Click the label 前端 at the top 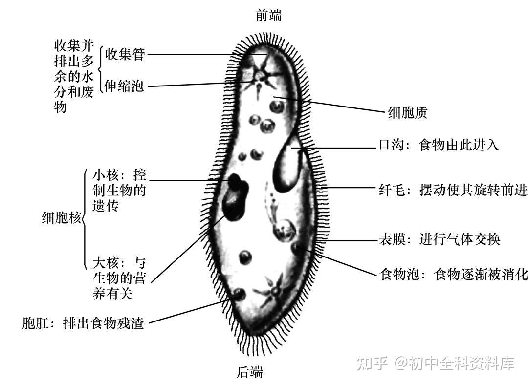tap(268, 16)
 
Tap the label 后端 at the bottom tap(250, 373)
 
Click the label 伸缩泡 tap(125, 86)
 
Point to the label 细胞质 tap(407, 113)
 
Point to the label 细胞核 tap(61, 218)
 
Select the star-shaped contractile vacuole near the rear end tap(275, 291)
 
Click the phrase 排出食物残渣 tap(104, 323)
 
